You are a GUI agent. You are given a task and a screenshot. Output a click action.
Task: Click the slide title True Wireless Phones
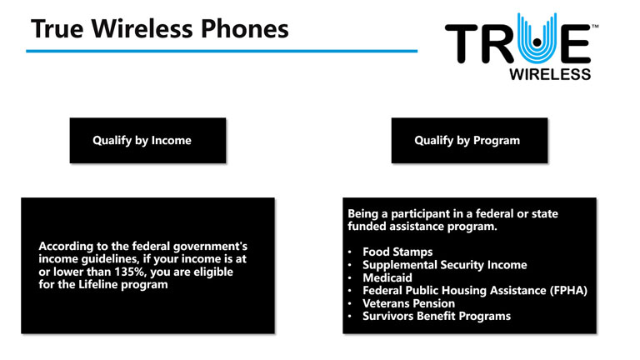[160, 29]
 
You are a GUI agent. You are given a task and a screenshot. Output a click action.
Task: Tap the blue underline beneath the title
[222, 51]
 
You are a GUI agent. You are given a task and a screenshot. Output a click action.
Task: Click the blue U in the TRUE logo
[537, 39]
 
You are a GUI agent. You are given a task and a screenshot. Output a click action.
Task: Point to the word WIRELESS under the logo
[550, 74]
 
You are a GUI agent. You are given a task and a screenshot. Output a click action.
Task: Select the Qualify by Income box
[147, 140]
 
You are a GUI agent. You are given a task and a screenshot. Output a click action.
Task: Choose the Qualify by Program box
[469, 140]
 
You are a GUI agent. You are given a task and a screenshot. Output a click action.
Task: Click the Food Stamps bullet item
[397, 252]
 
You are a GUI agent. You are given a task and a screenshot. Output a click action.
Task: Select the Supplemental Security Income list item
[445, 265]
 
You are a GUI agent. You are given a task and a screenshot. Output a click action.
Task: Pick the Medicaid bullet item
[387, 277]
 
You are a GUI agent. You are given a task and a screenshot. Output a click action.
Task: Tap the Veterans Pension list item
[408, 303]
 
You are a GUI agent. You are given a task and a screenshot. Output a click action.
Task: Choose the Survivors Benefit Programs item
[437, 316]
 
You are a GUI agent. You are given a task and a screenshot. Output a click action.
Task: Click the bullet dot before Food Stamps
[350, 252]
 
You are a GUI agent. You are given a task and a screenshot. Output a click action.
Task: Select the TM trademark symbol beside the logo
[595, 27]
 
